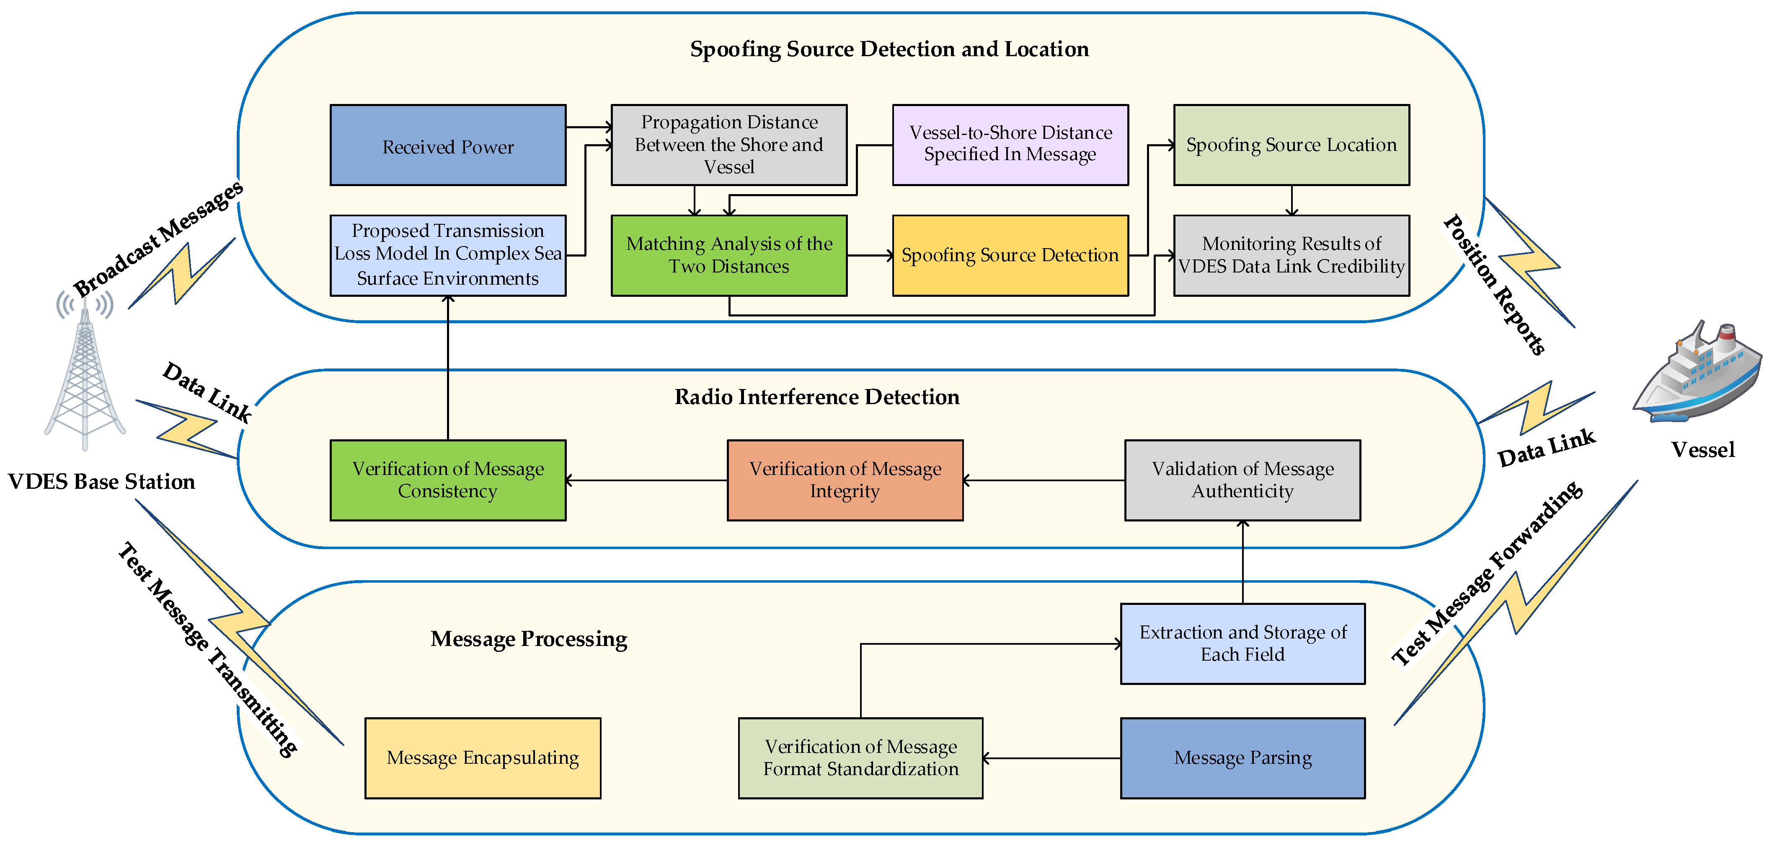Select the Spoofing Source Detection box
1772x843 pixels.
(1010, 255)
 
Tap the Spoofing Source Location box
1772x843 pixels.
(1291, 145)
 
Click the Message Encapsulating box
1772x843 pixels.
(482, 757)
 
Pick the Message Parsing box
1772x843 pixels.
(1242, 757)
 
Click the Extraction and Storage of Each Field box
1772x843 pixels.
(1242, 643)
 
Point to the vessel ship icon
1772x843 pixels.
(1698, 375)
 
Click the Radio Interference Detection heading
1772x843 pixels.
(816, 397)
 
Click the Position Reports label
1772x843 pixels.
(1494, 284)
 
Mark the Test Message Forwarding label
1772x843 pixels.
(1486, 573)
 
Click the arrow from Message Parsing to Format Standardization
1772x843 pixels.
(1051, 758)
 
